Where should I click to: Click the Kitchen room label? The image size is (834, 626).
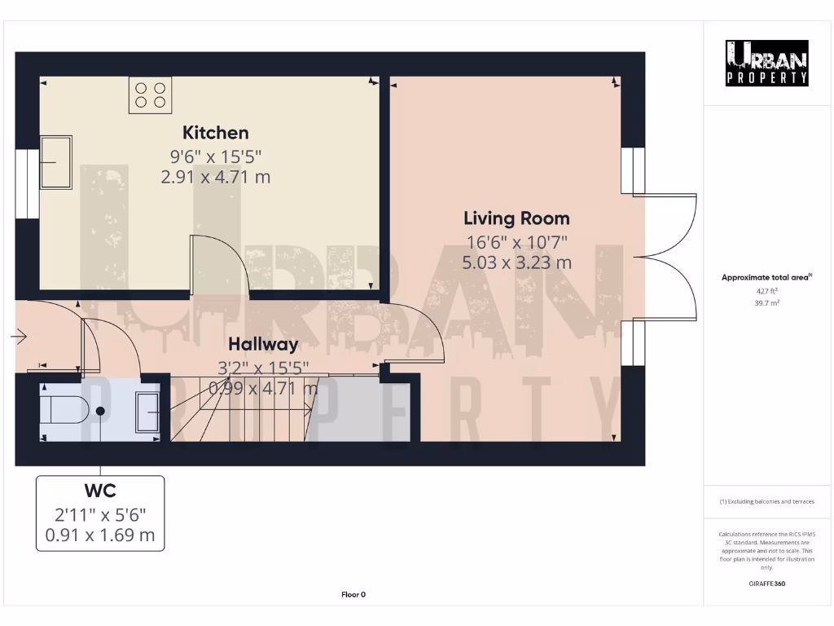point(215,133)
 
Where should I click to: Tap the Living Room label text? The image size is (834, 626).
point(516,218)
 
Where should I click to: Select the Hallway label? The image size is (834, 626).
point(262,344)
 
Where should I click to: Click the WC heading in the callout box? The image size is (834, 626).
point(100,491)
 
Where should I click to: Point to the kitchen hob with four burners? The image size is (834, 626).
point(150,95)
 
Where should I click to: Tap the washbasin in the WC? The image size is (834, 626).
point(148,411)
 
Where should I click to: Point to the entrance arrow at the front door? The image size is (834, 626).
point(20,336)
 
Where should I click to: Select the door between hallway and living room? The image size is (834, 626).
point(415,330)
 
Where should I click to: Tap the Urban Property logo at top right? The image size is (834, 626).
point(766,63)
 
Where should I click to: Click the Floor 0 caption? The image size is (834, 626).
point(353,595)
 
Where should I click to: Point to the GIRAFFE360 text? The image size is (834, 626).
point(766,584)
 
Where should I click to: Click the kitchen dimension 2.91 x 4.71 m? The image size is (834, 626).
point(215,176)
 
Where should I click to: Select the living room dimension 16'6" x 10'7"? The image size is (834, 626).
point(516,242)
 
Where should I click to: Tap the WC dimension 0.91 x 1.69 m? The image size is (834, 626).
point(100,536)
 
